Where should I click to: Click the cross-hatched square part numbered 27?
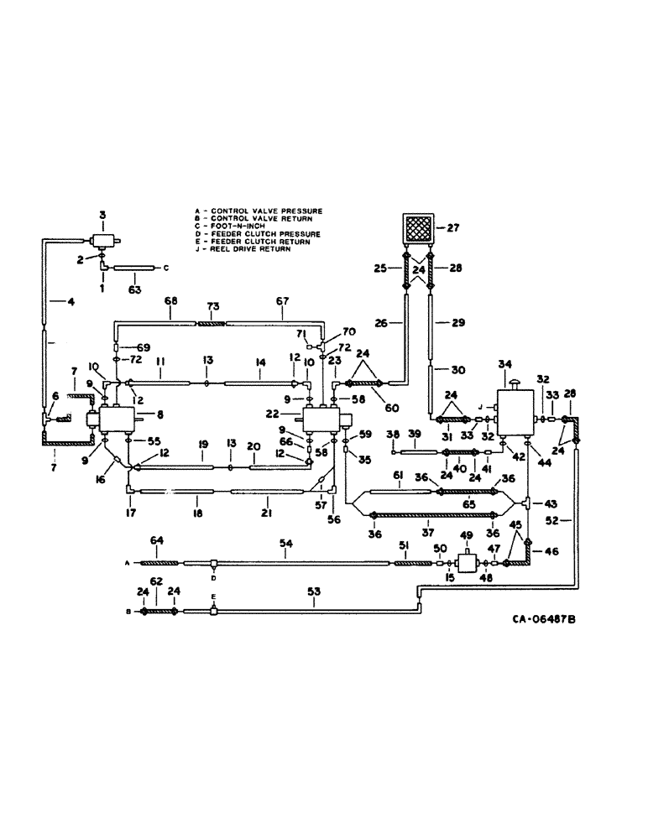pyautogui.click(x=418, y=227)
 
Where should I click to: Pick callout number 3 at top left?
pyautogui.click(x=102, y=216)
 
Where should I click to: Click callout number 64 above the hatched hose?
pyautogui.click(x=154, y=539)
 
